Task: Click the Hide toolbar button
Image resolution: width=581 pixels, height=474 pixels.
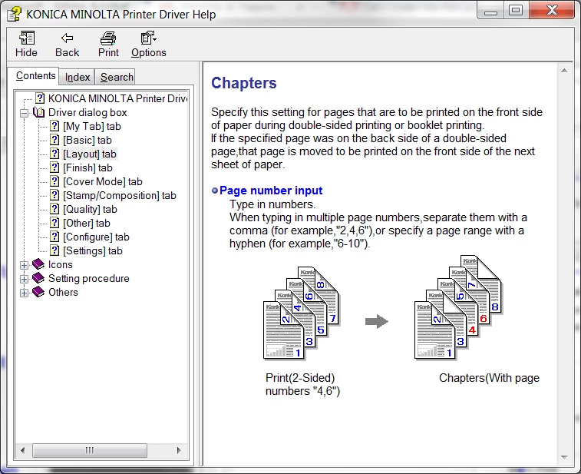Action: [26, 44]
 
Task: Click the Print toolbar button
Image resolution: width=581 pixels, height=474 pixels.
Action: [108, 44]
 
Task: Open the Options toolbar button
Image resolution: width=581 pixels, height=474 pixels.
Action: [149, 44]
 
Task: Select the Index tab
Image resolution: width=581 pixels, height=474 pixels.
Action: [78, 77]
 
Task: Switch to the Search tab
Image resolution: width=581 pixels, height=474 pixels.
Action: [117, 77]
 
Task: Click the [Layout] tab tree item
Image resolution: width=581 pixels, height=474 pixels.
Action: [90, 154]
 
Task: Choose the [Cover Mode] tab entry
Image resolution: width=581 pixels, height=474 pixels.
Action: [103, 181]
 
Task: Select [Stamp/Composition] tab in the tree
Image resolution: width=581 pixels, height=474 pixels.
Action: [119, 195]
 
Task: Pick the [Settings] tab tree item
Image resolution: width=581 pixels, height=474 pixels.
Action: [93, 250]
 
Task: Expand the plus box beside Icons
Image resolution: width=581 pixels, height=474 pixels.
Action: [24, 265]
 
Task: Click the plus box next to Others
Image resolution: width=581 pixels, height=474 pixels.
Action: [24, 293]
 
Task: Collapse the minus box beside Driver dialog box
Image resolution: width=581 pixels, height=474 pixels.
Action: [24, 113]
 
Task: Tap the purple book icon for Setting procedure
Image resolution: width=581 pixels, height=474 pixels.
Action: [38, 278]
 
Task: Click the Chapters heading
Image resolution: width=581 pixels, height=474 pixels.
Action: [244, 83]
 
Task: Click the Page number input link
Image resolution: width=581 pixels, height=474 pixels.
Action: [271, 191]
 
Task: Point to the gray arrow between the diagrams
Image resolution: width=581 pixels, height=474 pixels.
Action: [377, 321]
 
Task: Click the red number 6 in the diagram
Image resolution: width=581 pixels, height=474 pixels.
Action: [484, 319]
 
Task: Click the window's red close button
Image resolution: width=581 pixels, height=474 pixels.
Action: [551, 10]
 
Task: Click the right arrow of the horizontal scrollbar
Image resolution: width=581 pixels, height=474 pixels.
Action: [179, 450]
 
